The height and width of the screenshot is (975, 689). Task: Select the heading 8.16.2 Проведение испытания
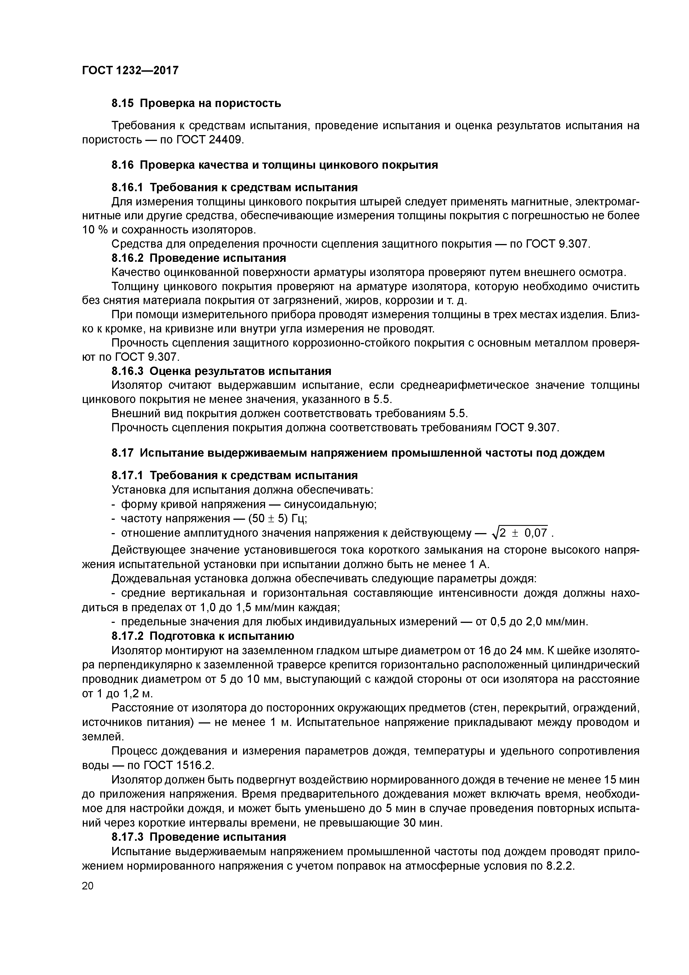point(199,258)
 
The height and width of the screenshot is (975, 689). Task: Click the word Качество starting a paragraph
point(134,272)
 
